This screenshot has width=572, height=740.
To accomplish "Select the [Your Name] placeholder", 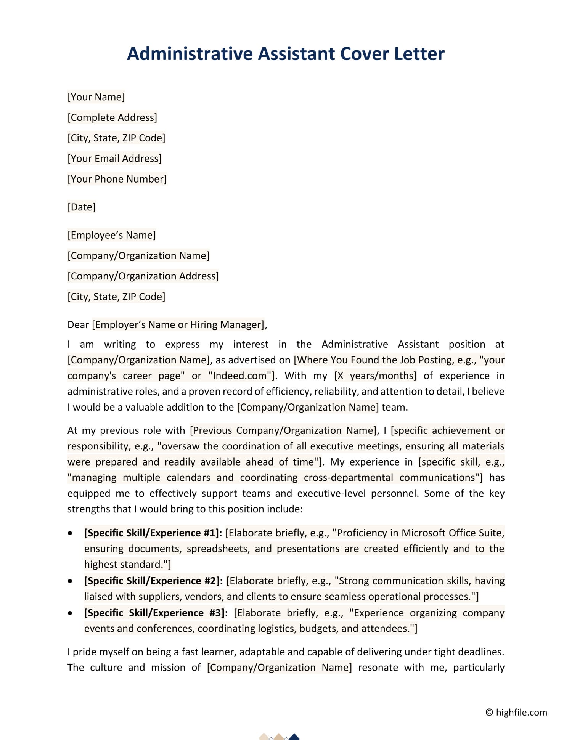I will (96, 97).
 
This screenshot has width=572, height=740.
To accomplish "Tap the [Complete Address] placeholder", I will (112, 117).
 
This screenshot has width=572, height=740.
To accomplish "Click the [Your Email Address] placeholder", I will (114, 159).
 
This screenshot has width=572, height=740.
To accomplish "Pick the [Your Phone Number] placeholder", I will (117, 179).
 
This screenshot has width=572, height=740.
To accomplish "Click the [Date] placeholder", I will (81, 207).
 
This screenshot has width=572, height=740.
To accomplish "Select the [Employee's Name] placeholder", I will (111, 235).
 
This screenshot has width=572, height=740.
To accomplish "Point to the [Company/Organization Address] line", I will (143, 276).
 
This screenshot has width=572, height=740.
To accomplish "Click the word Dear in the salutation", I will (78, 325).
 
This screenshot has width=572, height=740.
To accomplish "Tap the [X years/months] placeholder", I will (375, 376).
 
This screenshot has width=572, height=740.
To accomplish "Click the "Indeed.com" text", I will (240, 376).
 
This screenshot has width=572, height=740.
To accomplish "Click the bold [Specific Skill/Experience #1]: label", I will (153, 533).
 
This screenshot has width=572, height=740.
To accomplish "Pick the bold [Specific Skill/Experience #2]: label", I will (153, 581).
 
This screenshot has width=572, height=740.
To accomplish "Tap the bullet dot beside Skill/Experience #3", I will (70, 613).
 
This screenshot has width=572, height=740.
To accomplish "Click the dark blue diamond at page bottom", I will (294, 737).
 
